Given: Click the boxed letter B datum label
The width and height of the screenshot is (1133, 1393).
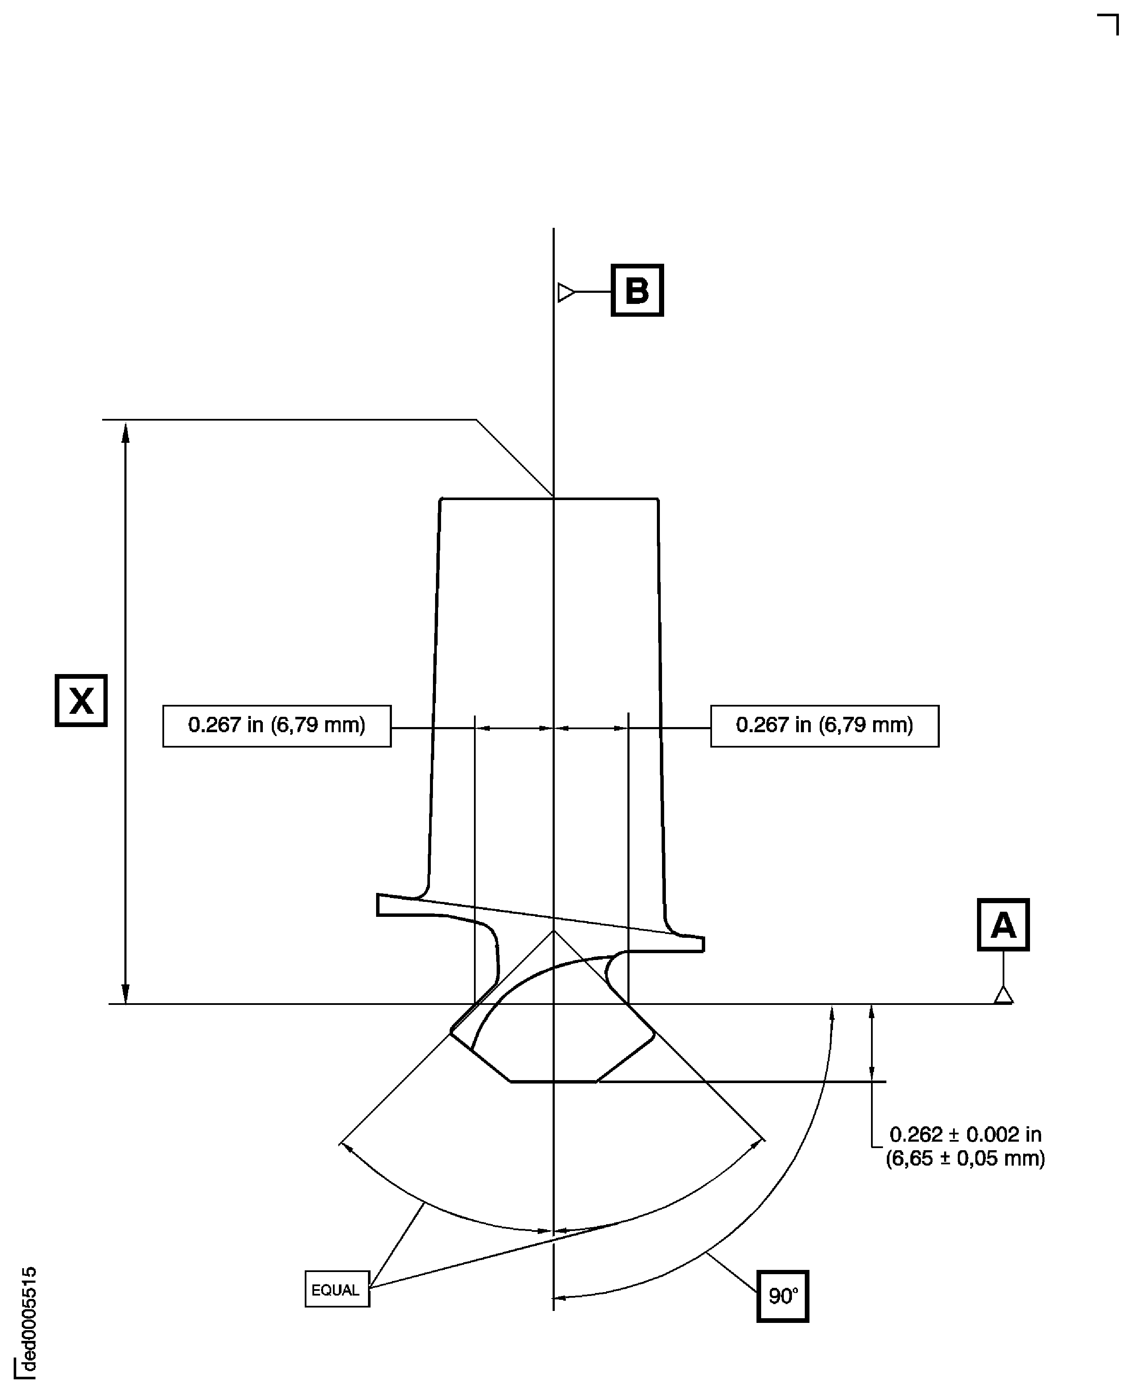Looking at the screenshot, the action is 637,291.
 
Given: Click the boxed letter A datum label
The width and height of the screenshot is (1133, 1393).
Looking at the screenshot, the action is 1003,925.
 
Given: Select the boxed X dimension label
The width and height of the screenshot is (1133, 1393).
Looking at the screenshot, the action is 81,701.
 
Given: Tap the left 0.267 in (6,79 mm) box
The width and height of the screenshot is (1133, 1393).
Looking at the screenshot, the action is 277,726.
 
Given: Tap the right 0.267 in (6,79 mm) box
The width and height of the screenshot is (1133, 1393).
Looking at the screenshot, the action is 824,726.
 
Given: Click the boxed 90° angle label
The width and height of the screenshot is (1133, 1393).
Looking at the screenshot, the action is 783,1296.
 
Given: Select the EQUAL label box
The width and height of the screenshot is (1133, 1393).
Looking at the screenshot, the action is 337,1289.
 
